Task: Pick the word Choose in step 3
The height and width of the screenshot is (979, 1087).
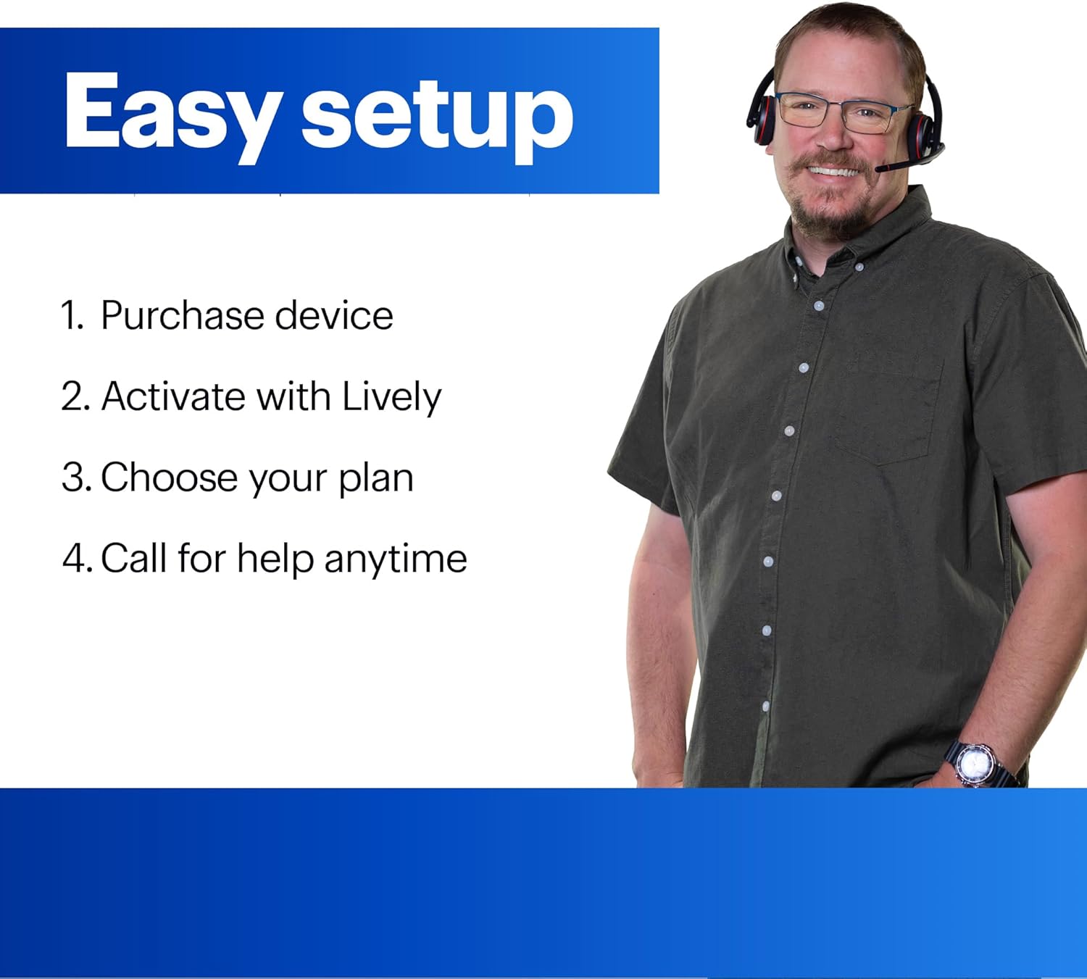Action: [169, 478]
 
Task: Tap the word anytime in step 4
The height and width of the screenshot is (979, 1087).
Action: [396, 560]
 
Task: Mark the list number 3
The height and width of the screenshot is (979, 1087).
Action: [75, 478]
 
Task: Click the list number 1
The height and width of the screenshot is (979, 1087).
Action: [71, 316]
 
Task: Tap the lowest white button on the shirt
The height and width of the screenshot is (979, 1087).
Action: [765, 706]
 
